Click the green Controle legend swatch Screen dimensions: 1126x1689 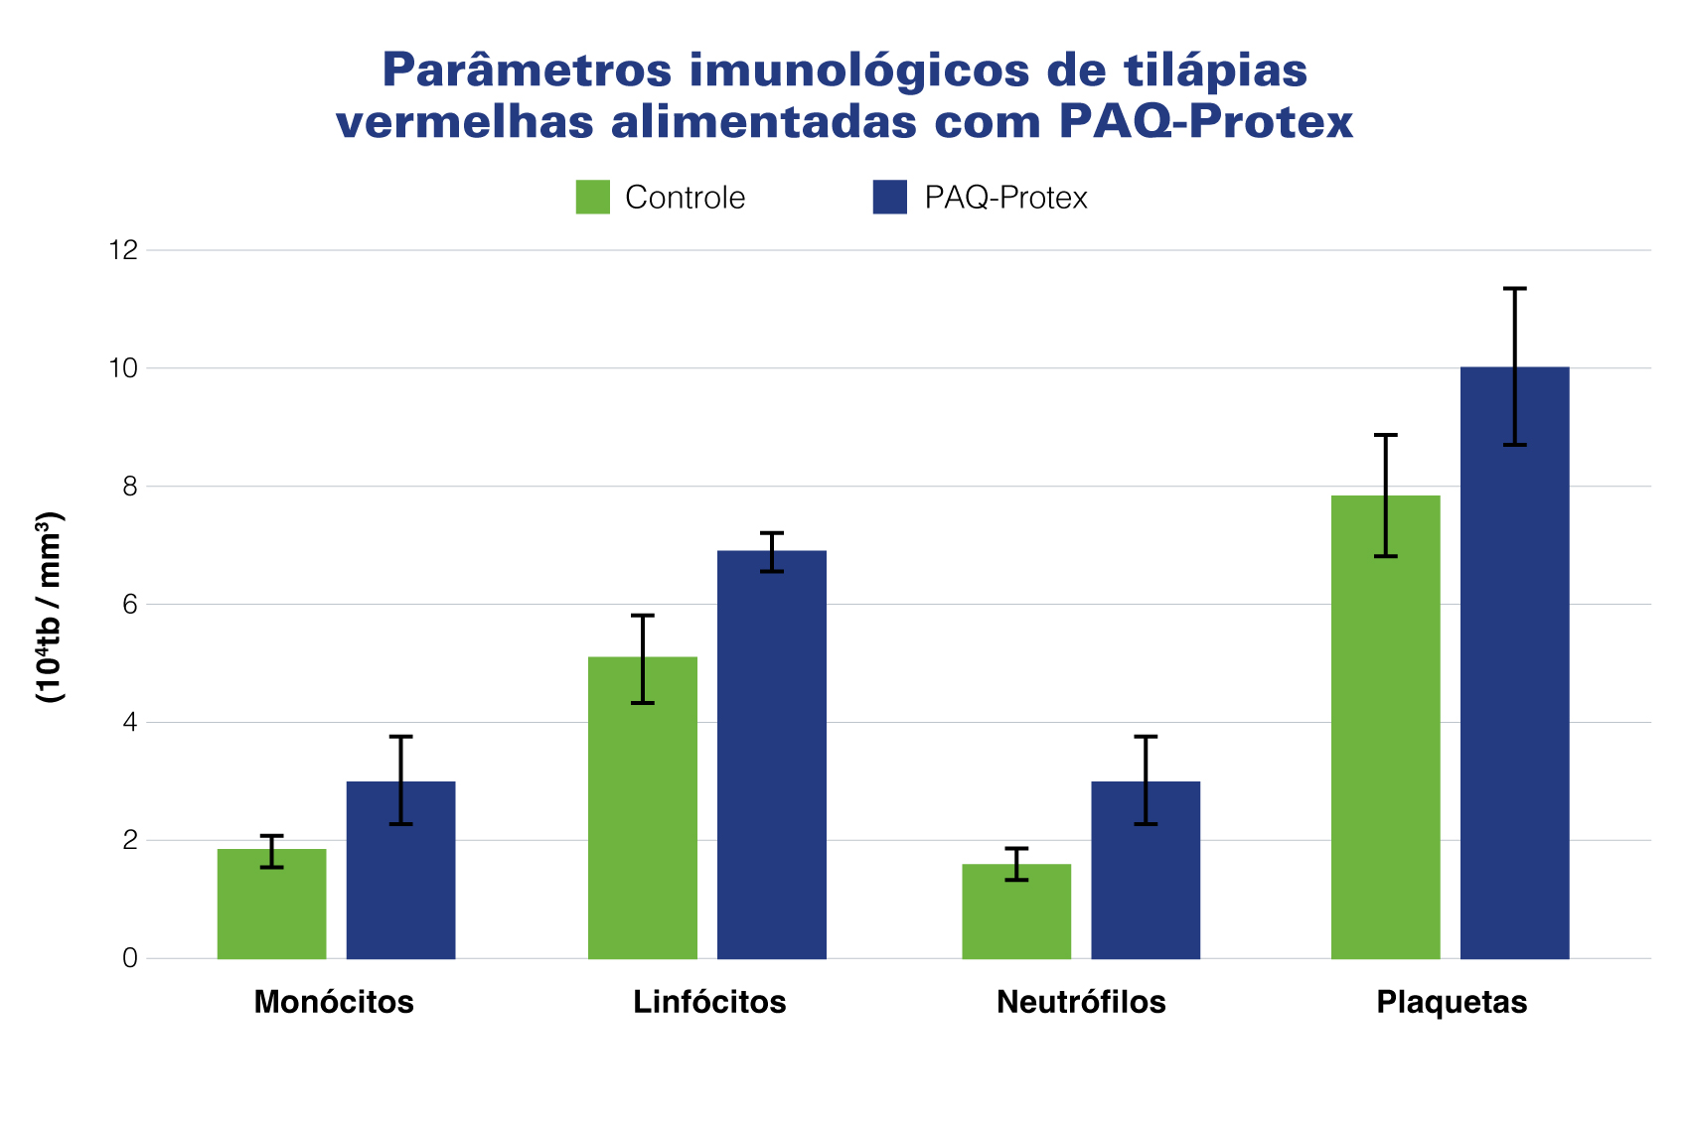pos(593,197)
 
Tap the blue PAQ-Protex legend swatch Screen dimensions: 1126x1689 pos(890,197)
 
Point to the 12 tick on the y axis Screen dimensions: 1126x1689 pos(124,250)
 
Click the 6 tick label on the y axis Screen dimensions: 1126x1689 pos(129,605)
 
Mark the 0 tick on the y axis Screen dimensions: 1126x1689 pos(129,958)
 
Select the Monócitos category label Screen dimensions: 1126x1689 pos(334,1002)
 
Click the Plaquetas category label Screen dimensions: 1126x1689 pos(1452,1002)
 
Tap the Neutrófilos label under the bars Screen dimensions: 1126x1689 pos(1081,1002)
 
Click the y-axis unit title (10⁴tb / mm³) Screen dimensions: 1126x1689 pos(50,608)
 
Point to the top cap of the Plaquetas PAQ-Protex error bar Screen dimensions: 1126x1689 pos(1514,289)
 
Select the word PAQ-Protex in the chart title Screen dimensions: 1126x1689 pos(1205,122)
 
